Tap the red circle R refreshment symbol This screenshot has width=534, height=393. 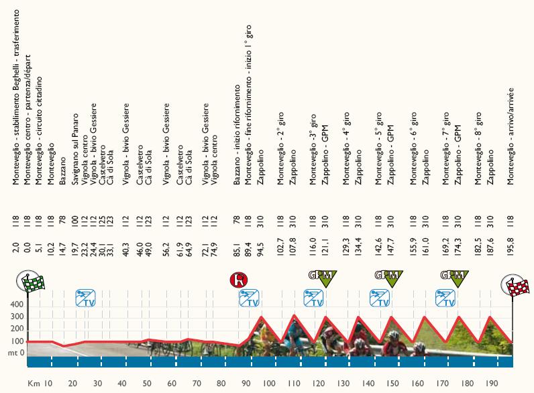click(x=237, y=280)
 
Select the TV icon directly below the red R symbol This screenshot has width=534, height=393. click(x=249, y=298)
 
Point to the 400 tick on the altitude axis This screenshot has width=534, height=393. click(x=15, y=304)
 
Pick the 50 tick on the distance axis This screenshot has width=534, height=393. click(x=148, y=384)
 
